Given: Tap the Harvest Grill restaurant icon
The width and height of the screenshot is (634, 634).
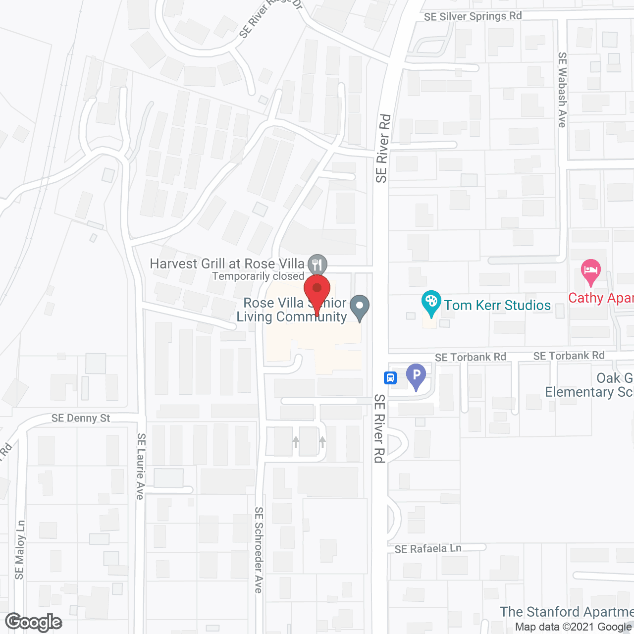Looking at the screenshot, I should [x=317, y=264].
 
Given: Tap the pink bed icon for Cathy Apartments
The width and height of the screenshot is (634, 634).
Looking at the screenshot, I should [x=590, y=271].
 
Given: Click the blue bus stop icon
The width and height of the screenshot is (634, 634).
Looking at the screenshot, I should [x=390, y=378].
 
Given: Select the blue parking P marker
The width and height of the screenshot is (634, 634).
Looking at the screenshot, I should [x=416, y=375].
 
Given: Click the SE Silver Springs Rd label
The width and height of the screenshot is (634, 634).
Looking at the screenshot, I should [x=473, y=16].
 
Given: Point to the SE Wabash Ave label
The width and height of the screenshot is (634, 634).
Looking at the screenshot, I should [x=562, y=90].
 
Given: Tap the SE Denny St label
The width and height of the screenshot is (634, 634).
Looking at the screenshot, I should [x=81, y=418].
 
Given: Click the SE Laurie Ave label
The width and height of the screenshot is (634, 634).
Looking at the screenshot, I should [x=141, y=466].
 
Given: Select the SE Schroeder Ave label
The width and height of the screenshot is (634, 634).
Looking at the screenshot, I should [x=259, y=550].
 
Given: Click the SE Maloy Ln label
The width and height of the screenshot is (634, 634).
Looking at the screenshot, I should [x=20, y=549].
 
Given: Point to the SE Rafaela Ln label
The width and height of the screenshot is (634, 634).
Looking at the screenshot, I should [x=428, y=549].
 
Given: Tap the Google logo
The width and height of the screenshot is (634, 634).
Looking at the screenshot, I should [x=34, y=622].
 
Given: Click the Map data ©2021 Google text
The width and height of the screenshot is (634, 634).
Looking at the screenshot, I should [x=574, y=627].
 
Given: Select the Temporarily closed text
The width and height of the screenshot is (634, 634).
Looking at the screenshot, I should [x=258, y=276].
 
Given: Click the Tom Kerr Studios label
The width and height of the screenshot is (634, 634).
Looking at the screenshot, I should [x=497, y=305].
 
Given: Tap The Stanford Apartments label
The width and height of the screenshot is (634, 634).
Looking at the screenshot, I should [x=567, y=612].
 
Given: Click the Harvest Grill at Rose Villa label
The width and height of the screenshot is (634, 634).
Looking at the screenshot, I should [x=227, y=264].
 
